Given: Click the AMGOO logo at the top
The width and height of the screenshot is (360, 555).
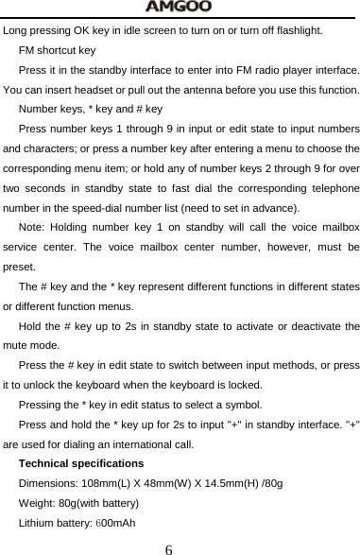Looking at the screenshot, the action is [x=180, y=8].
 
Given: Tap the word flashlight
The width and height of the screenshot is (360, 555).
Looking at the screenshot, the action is [x=294, y=31].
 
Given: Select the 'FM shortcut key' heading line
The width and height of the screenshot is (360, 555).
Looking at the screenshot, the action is [x=57, y=50].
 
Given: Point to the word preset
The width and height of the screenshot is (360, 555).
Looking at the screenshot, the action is [x=19, y=268].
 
